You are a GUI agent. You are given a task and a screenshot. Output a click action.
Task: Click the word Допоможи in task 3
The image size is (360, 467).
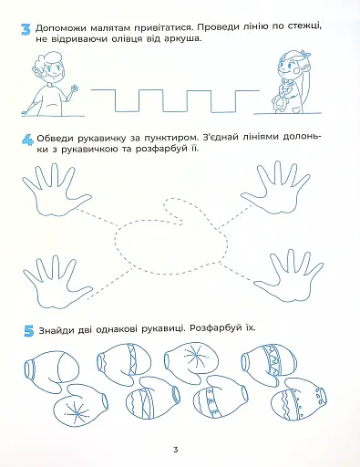[66, 27]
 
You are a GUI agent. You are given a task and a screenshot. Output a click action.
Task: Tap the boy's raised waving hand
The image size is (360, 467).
[74, 91]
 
